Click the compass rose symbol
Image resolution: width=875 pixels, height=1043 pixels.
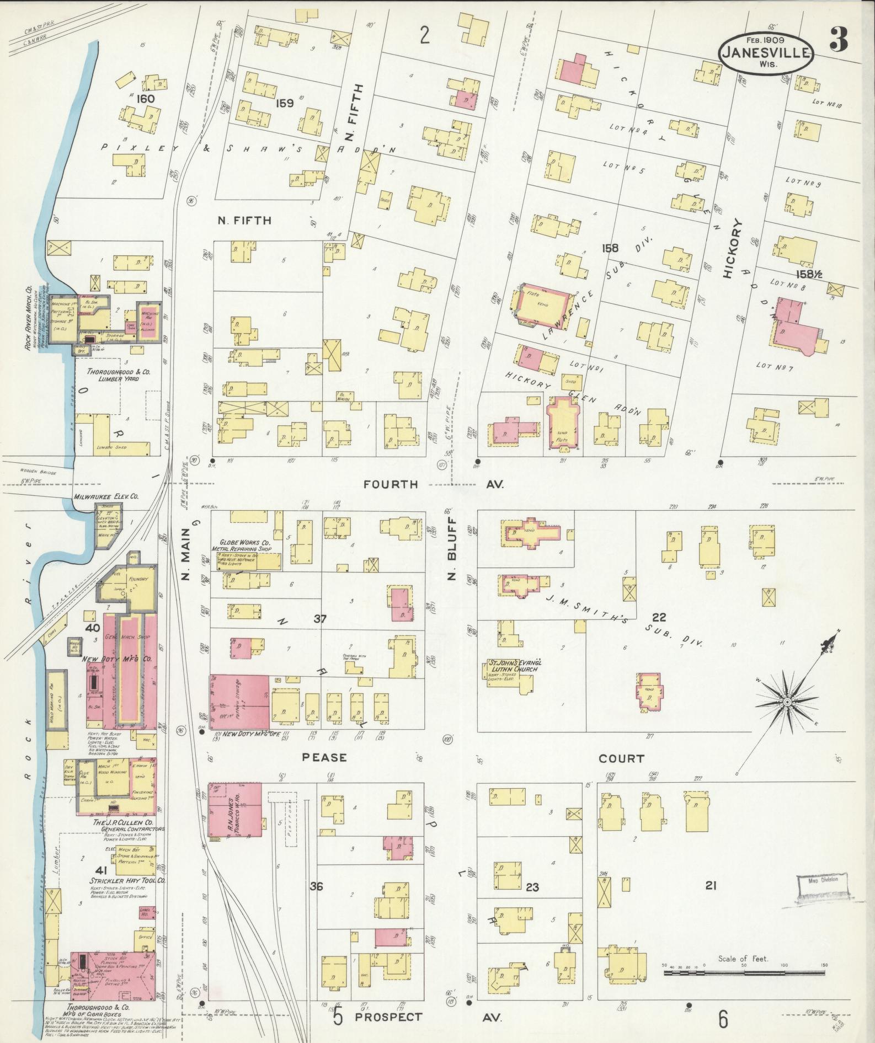pos(788,702)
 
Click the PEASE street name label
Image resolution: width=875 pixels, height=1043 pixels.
pos(324,757)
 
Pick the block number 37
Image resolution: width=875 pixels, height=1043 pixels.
pos(320,619)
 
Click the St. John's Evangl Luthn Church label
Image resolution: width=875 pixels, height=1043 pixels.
pos(513,666)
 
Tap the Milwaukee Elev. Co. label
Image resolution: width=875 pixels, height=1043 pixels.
pos(106,496)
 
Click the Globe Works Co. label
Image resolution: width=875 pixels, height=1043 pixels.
pos(243,545)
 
